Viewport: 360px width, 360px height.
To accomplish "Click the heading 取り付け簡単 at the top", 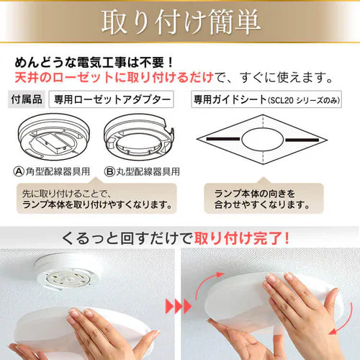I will coord(180,24).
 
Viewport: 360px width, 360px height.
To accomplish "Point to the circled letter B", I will coord(109,171).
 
